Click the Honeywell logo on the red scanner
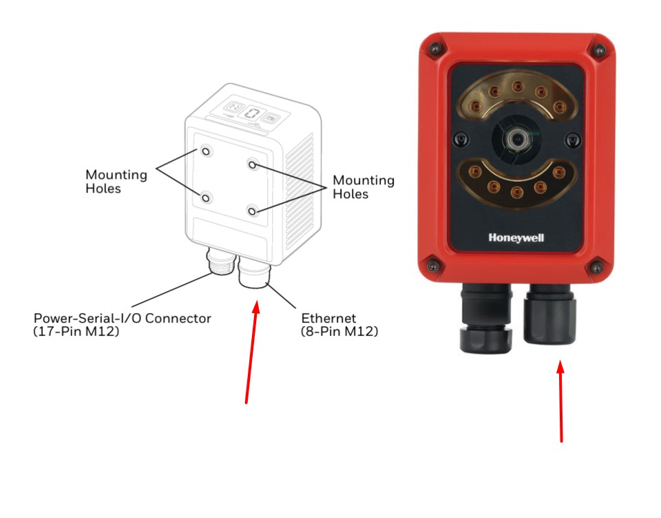click(516, 237)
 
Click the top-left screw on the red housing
click(434, 47)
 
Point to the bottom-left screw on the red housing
click(432, 265)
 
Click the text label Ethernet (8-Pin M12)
click(339, 325)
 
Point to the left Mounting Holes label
click(116, 181)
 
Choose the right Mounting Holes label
click(364, 187)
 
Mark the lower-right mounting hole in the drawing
click(253, 210)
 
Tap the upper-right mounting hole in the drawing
click(253, 164)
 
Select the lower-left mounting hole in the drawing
click(206, 197)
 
